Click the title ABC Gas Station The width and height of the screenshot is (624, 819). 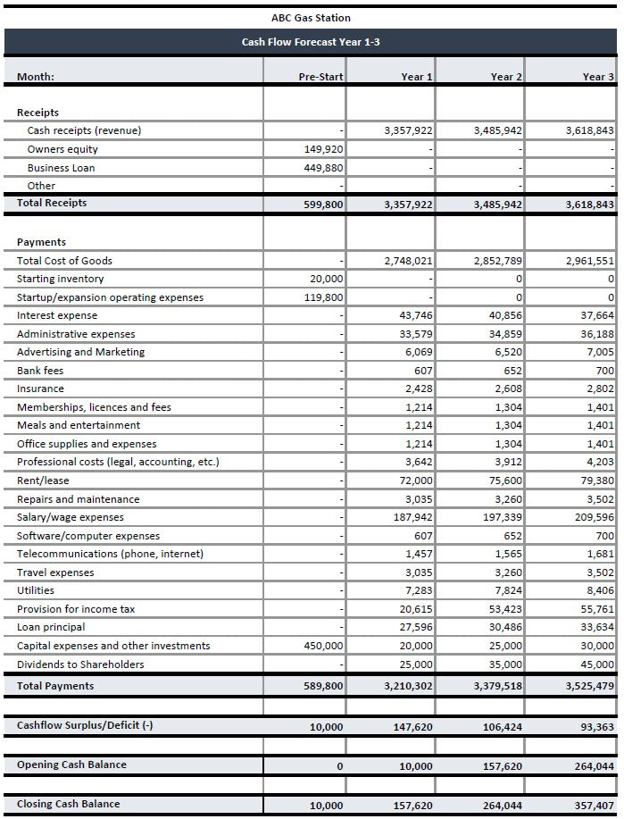point(311,18)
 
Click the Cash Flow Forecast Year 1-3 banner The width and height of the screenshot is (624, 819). point(311,42)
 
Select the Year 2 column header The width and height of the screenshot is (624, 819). point(506,77)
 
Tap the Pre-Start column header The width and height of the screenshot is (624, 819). point(320,77)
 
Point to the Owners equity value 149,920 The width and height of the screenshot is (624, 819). point(323,149)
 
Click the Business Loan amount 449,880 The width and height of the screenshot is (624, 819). point(323,168)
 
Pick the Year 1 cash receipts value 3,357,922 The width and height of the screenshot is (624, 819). point(408,130)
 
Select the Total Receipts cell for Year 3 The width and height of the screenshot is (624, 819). point(590,205)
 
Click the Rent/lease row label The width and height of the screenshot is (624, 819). point(43,481)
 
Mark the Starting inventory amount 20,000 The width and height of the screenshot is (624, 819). point(326,279)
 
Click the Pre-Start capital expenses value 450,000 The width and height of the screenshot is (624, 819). point(323,646)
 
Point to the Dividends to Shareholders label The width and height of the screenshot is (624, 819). point(80,664)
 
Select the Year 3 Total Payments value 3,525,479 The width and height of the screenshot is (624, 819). point(590,687)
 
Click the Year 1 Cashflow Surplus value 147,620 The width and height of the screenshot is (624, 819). point(413,727)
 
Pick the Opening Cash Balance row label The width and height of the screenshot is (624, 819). point(71,765)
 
